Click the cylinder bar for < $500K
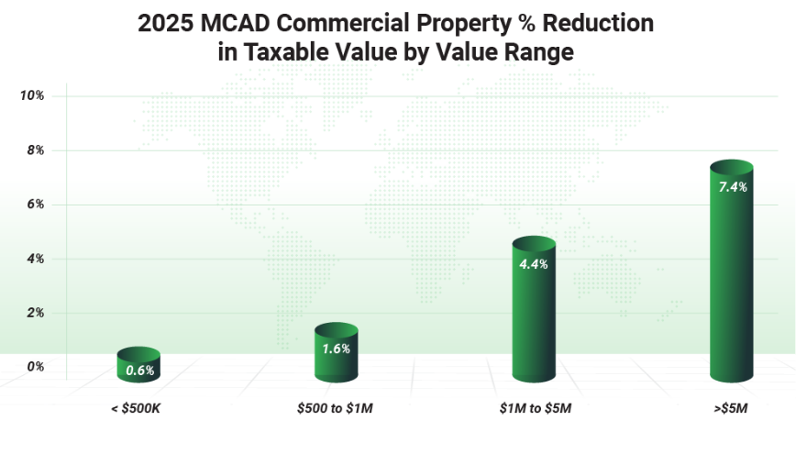coord(138,365)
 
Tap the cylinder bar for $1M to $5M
coord(534,310)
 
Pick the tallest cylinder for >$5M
coord(731,273)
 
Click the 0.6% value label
coord(139,371)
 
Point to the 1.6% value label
coord(336,349)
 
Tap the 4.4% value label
coord(534,265)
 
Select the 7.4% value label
coord(732,187)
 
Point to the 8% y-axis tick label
coord(35,150)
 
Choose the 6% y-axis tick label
coord(35,205)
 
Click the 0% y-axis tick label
coord(35,367)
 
